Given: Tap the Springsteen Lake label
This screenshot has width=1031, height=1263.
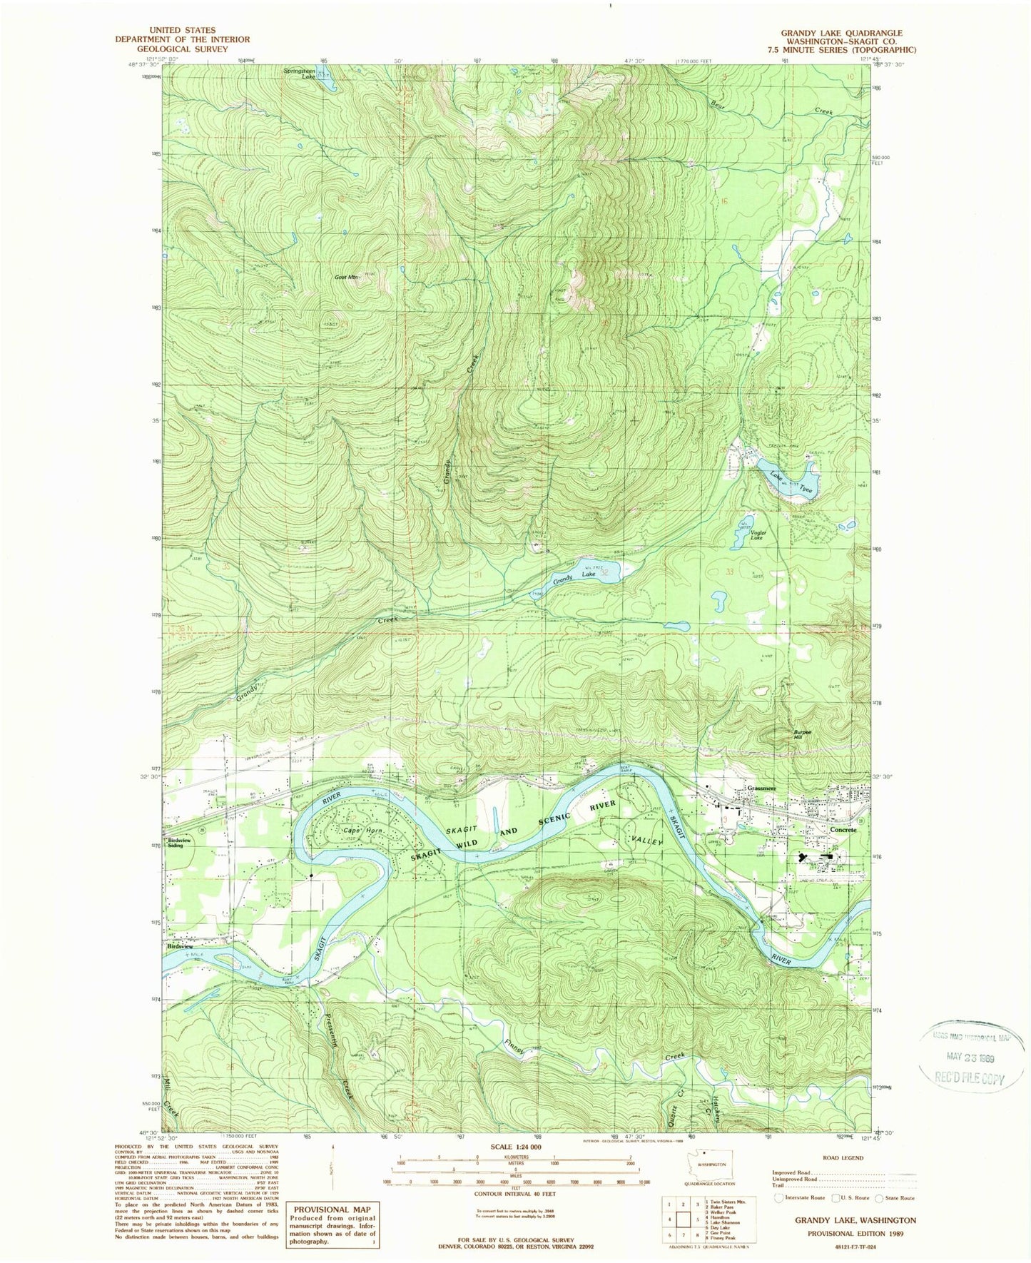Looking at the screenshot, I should [x=300, y=73].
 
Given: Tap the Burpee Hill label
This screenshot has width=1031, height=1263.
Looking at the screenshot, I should [x=803, y=734].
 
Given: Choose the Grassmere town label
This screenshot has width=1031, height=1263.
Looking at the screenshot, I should [x=761, y=788].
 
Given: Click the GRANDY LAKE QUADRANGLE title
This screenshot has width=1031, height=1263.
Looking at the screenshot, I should [x=841, y=33].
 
